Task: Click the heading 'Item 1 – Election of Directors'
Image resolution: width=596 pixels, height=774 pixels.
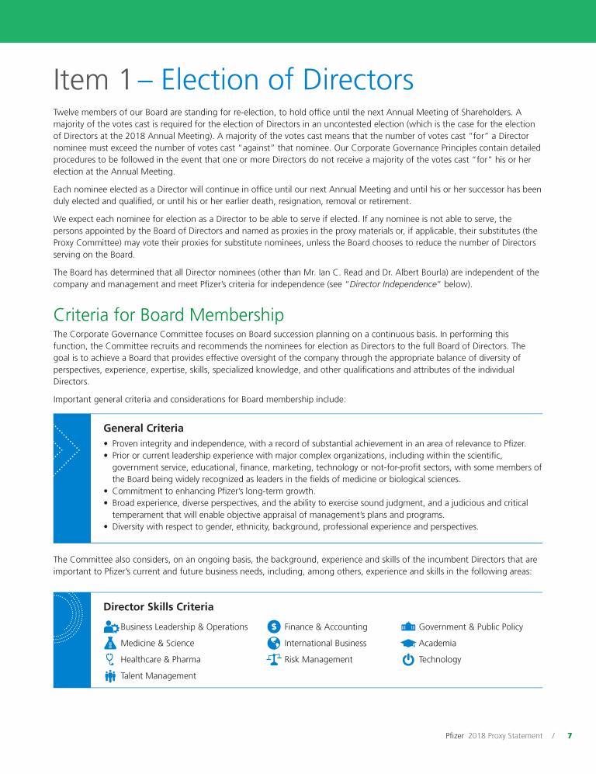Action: [x=233, y=79]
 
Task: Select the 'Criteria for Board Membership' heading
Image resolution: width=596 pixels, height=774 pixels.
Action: [x=168, y=314]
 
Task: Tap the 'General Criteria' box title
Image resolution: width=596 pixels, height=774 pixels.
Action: [x=144, y=428]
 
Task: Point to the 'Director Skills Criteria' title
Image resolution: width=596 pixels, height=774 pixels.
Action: [x=158, y=606]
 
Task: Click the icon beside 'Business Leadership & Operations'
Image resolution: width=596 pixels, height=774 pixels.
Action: [x=110, y=627]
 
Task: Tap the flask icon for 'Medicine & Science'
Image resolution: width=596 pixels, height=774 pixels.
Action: [x=109, y=644]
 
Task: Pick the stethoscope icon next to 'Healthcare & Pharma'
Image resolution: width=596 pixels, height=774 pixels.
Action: [x=109, y=660]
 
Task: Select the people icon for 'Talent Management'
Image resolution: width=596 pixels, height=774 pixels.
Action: [x=109, y=676]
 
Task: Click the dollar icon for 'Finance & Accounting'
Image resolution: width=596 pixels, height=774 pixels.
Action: [x=273, y=627]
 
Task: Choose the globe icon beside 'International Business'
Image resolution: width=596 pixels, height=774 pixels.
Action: [x=273, y=644]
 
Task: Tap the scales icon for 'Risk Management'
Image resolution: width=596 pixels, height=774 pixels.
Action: [x=273, y=660]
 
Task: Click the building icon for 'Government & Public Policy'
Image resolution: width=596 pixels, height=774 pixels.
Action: [x=408, y=627]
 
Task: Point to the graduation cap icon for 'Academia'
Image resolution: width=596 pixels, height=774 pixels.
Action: [x=408, y=644]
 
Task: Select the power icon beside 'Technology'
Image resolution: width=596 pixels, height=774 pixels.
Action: [x=408, y=660]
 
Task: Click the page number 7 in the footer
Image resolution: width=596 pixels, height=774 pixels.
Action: [x=570, y=736]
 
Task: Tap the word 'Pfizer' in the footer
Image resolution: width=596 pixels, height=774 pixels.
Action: [x=455, y=736]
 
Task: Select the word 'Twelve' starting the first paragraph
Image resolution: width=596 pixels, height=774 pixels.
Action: [x=68, y=113]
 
